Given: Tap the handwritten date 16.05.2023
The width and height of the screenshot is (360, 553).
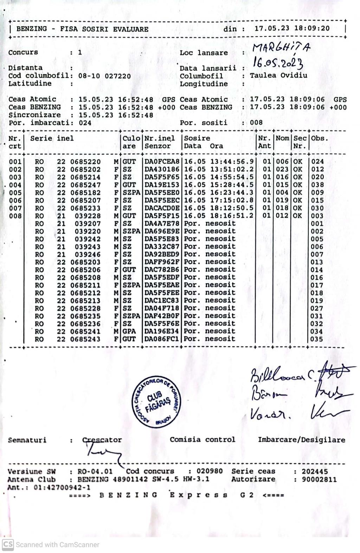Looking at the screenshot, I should click(x=278, y=63).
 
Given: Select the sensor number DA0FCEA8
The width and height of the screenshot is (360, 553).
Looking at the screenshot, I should click(x=162, y=162).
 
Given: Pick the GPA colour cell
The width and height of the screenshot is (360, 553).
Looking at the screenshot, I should click(x=129, y=331).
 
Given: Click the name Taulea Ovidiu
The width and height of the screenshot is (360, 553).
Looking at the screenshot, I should click(x=278, y=76).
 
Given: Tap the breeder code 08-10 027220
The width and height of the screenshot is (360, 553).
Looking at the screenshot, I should click(x=104, y=76).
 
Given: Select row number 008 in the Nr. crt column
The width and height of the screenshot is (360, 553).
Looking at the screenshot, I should click(x=15, y=216).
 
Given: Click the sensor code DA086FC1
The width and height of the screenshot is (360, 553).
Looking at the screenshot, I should click(x=162, y=339).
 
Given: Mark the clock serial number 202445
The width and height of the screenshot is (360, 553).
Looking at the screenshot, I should click(x=315, y=471).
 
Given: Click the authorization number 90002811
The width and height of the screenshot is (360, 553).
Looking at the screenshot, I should click(x=319, y=479).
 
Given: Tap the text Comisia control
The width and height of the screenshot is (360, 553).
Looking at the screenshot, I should click(x=202, y=440).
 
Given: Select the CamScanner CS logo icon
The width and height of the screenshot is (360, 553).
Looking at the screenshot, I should click(x=8, y=545).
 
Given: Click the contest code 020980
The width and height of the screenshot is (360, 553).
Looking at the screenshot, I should click(x=210, y=471).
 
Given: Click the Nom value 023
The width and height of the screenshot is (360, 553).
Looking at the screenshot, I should click(x=282, y=169).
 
